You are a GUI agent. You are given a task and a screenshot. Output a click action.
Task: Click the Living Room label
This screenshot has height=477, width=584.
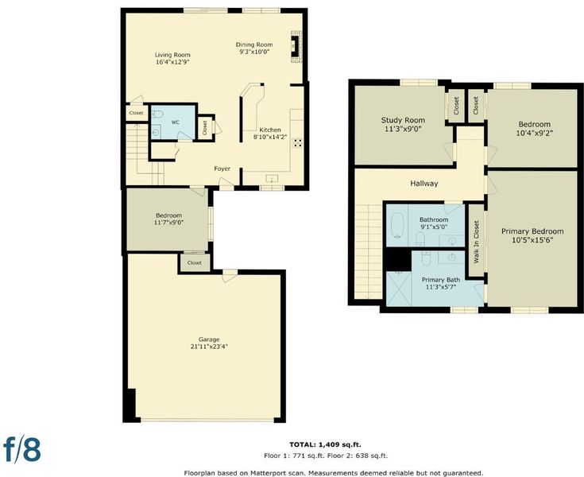tap(172, 55)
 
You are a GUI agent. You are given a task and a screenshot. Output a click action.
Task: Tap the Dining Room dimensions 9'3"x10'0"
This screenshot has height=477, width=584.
tap(254, 52)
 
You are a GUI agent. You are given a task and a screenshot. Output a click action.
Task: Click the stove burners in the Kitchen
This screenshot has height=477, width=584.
tap(297, 143)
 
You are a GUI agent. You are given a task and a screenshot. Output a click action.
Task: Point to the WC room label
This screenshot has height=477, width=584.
tap(176, 122)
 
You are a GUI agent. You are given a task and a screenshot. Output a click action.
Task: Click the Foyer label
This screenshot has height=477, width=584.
tap(222, 169)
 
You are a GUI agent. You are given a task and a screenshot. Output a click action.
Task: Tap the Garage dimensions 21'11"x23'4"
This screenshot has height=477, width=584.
tap(209, 347)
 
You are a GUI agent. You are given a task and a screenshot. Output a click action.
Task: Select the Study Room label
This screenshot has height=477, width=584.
tap(403, 120)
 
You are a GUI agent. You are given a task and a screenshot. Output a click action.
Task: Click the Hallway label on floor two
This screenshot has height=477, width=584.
tap(423, 184)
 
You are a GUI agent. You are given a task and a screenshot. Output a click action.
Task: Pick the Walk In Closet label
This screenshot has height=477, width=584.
tap(476, 242)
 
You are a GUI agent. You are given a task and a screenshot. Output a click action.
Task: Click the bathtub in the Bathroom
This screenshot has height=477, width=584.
tap(398, 226)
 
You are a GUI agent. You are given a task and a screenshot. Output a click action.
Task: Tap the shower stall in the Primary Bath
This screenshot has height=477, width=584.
tap(399, 289)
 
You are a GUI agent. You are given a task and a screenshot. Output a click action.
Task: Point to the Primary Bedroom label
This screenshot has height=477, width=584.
tap(532, 231)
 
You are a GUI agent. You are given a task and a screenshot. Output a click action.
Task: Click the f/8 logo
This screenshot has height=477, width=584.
tap(22, 448)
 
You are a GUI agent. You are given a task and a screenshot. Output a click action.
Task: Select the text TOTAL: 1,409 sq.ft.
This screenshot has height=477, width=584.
tap(325, 444)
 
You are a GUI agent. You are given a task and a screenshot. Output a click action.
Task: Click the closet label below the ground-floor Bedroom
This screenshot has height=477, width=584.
tap(195, 262)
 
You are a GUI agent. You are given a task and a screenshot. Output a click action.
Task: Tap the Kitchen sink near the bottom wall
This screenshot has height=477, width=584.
tap(273, 179)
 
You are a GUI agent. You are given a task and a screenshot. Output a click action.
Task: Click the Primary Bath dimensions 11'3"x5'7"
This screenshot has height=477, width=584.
tap(441, 287)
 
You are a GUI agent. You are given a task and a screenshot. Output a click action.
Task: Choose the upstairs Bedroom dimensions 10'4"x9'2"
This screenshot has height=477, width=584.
tap(534, 133)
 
